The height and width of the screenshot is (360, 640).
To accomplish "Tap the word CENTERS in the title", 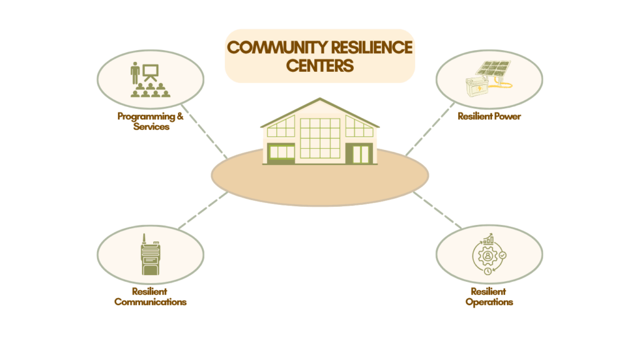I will pyautogui.click(x=320, y=66).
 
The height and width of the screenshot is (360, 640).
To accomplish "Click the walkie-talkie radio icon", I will pyautogui.click(x=150, y=256).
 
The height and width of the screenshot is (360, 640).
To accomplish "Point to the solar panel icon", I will pyautogui.click(x=494, y=69).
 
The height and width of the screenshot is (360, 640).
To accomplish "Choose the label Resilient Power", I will pyautogui.click(x=489, y=116).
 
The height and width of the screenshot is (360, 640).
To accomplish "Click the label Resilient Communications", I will pyautogui.click(x=150, y=297).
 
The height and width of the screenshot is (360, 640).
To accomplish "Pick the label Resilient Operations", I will pyautogui.click(x=489, y=297).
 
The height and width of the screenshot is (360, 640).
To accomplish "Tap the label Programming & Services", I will pyautogui.click(x=151, y=121).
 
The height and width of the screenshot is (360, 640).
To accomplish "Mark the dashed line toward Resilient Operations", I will pyautogui.click(x=437, y=210).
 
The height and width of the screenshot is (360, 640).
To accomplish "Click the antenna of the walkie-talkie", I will pyautogui.click(x=144, y=238).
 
